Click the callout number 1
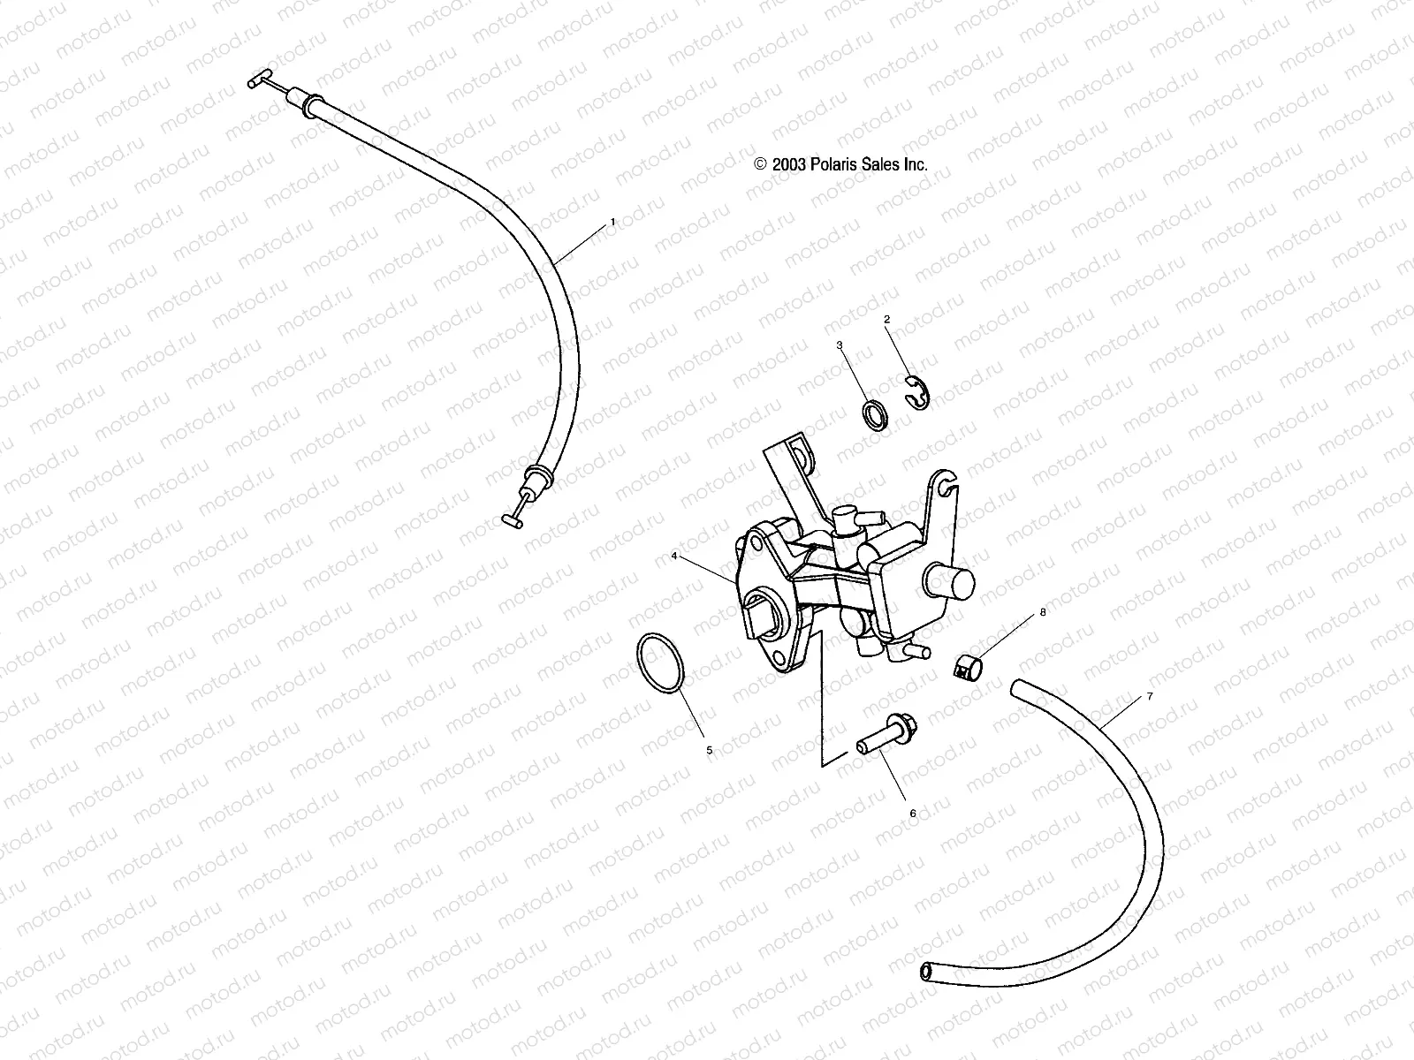612,223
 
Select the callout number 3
840,344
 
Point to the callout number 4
674,556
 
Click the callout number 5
709,750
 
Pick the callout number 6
914,813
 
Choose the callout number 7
1150,697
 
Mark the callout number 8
1043,611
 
